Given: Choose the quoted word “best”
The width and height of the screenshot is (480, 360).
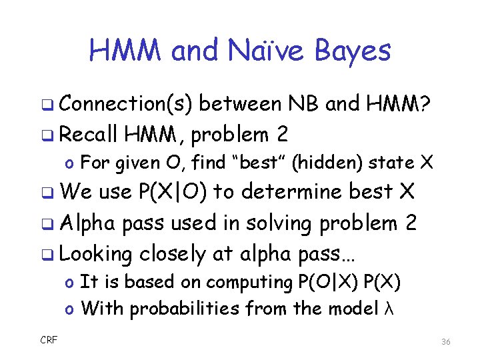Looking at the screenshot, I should tap(267, 162).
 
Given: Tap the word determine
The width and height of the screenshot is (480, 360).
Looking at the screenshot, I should tap(292, 192).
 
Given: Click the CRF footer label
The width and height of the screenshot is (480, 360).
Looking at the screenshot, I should tap(49, 340).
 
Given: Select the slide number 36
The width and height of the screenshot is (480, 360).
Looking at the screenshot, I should tap(445, 342).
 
